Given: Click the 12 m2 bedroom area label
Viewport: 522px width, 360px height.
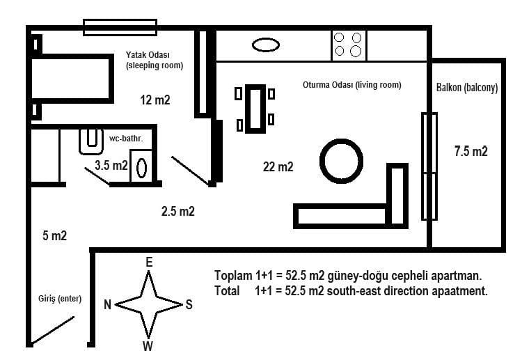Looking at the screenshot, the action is tap(155, 100).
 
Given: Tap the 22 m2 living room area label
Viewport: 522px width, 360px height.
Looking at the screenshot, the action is tap(278, 166).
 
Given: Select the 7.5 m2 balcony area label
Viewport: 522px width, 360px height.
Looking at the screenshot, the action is tap(470, 151).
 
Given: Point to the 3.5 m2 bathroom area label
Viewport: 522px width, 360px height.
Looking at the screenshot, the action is tap(111, 165).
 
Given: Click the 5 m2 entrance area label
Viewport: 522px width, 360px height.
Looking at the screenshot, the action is tap(54, 235).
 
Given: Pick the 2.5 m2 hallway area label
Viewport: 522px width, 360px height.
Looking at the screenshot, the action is tap(177, 211).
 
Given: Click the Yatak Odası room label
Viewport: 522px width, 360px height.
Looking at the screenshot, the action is tap(148, 54).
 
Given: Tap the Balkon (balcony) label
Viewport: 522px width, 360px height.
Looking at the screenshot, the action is tap(467, 88).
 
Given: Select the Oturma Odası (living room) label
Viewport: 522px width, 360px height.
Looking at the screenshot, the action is tap(352, 85).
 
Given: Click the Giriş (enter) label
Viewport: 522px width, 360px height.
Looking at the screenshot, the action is tap(60, 299).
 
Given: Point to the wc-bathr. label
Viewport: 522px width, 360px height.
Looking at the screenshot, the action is tap(126, 139).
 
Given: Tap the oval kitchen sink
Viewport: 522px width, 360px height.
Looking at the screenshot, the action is tap(266, 45).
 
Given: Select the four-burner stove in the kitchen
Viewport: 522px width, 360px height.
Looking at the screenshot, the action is tap(349, 45).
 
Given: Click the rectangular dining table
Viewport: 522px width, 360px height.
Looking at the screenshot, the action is tap(255, 109).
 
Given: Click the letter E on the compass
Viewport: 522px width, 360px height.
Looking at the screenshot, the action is tap(149, 263).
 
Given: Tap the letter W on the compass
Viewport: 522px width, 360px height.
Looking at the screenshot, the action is tap(148, 346).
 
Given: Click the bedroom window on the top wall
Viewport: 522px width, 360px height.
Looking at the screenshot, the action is tap(120, 27).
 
